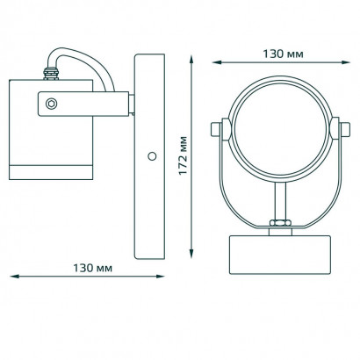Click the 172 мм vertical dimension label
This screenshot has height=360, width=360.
(183, 155)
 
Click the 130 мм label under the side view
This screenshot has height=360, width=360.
(92, 268)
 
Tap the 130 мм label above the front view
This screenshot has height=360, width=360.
(283, 54)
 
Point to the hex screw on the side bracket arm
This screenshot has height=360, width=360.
(52, 104)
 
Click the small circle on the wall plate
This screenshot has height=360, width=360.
(152, 156)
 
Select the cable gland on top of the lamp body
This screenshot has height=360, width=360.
(51, 74)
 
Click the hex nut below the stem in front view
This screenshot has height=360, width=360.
(280, 223)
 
